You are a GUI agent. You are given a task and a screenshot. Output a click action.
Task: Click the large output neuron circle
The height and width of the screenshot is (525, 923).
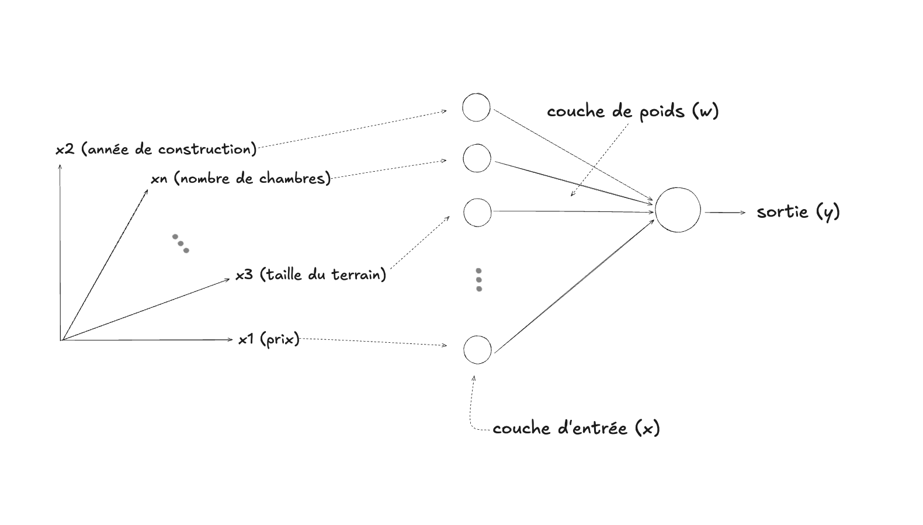(678, 210)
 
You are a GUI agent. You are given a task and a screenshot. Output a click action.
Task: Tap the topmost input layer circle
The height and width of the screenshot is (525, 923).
(476, 107)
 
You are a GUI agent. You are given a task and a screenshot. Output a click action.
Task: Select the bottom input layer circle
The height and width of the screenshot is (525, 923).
(477, 350)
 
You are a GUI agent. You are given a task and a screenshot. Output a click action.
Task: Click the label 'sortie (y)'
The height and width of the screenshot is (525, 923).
(798, 212)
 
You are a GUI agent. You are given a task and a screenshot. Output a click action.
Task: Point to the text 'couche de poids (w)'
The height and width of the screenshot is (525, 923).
(633, 111)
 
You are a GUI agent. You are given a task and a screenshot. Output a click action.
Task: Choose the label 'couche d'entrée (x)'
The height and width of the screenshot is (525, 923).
(576, 428)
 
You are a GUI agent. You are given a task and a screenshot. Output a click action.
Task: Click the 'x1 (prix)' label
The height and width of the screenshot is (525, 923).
(269, 339)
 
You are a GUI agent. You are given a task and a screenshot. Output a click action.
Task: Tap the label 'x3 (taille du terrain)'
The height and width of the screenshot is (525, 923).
(311, 274)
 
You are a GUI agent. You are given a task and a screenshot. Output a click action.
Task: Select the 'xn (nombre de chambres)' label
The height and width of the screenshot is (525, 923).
(241, 178)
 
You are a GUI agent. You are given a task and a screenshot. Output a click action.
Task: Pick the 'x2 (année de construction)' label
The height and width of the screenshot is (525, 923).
(156, 149)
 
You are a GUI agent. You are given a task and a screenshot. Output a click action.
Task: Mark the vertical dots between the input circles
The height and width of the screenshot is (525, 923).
(479, 280)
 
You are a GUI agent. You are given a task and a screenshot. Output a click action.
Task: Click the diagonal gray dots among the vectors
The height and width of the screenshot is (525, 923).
(181, 244)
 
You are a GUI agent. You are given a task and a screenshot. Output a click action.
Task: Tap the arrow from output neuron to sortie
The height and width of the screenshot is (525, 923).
(724, 213)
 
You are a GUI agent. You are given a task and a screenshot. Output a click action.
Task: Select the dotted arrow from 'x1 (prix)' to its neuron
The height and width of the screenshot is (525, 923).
(374, 342)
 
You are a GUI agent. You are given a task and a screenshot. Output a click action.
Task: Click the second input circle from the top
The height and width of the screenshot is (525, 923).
(477, 158)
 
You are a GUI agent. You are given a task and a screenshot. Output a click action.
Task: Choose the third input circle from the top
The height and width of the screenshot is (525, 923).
(477, 212)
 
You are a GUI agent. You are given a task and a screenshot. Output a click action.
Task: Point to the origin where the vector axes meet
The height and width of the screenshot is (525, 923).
(61, 340)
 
